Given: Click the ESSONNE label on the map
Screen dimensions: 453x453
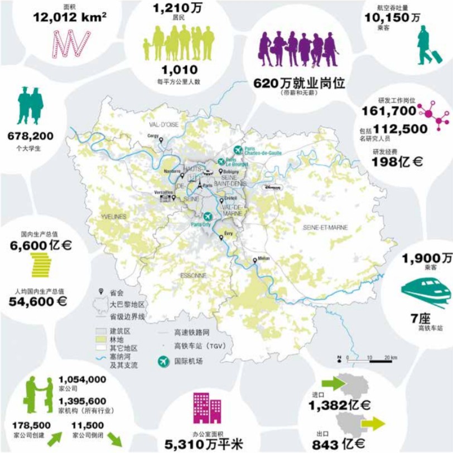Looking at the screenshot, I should [x=194, y=275].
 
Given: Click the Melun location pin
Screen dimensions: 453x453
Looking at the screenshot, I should [x=256, y=259].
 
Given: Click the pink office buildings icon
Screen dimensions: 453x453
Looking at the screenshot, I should [x=209, y=408].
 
